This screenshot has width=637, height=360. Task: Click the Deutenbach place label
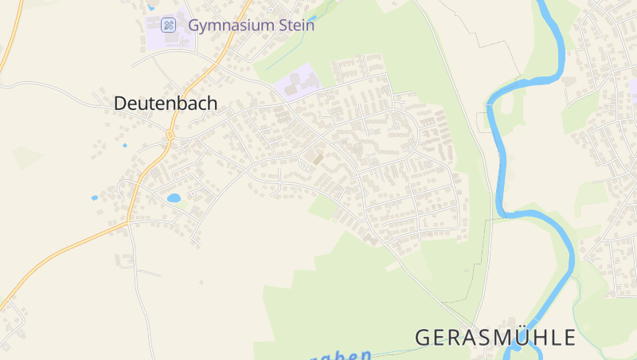166,104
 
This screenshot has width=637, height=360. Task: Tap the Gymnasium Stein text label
251,25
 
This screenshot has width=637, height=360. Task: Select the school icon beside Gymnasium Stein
168,25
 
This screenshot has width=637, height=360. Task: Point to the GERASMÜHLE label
495,337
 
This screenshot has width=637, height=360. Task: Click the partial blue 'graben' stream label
343,355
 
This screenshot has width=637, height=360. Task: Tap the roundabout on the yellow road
170,136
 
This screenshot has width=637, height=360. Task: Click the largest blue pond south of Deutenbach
174,198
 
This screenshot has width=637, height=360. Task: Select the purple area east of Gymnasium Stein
297,82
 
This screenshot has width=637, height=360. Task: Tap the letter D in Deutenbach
120,104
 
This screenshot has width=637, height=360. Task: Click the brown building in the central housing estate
318,158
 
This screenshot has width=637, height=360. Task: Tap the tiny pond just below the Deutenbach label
124,146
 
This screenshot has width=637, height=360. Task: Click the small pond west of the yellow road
95,197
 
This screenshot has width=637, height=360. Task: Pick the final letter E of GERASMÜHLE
569,337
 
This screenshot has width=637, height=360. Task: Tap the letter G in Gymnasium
193,25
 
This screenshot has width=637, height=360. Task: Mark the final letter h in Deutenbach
212,104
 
